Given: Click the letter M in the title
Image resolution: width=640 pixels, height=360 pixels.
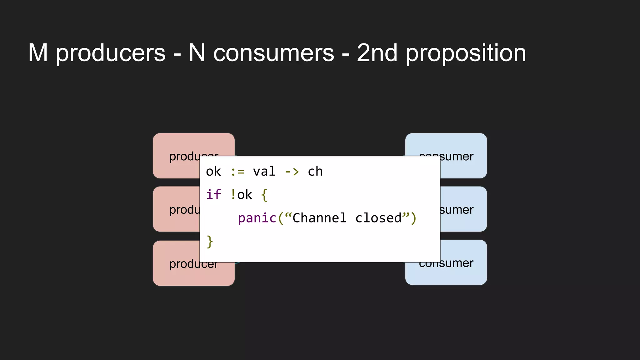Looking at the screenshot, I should click(x=38, y=53).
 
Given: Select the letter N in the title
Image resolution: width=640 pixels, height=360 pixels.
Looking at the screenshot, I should click(x=197, y=53).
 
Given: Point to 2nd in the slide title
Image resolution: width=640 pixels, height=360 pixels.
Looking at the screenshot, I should click(x=377, y=53).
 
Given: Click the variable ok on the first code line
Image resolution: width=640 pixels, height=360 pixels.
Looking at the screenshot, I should click(x=213, y=172).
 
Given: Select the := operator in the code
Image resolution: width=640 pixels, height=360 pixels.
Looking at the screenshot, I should click(x=237, y=172).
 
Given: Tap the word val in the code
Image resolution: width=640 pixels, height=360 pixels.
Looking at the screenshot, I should click(x=264, y=172).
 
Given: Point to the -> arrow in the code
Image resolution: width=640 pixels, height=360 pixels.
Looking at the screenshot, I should click(x=292, y=172).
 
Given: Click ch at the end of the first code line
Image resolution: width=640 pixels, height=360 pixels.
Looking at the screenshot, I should click(x=315, y=172).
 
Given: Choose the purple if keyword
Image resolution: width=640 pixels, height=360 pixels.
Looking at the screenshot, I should click(x=213, y=195).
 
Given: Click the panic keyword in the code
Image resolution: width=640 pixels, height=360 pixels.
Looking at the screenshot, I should click(x=257, y=218).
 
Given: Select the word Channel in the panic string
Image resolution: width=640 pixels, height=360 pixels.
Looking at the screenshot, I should click(x=319, y=218).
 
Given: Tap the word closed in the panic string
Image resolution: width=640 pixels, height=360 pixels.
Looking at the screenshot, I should click(x=378, y=218).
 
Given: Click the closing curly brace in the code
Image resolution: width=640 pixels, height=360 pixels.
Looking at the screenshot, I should click(x=210, y=242).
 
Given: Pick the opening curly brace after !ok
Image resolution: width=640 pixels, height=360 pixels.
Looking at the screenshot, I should click(x=264, y=195).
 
